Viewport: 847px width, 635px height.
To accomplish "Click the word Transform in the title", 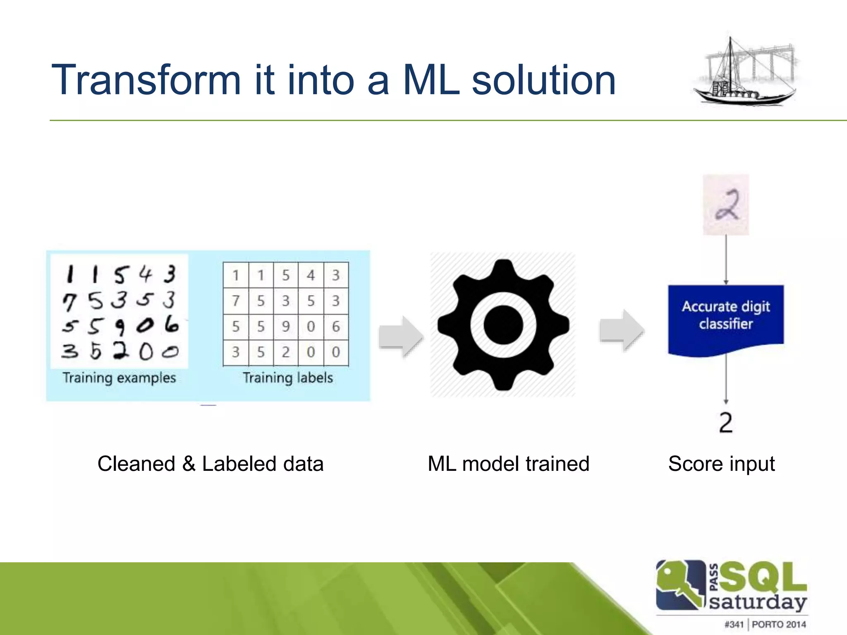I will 146,81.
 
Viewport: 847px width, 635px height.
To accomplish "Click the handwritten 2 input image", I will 726,205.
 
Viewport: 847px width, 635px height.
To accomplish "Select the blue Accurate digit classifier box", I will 726,316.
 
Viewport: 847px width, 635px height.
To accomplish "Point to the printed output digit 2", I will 726,423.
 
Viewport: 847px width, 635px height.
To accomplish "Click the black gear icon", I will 503,325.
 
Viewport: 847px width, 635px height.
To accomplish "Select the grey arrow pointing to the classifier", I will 621,330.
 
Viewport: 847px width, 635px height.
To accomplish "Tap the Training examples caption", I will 119,378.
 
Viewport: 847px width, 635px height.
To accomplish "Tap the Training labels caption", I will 287,378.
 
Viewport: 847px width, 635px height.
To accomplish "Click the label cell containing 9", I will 286,327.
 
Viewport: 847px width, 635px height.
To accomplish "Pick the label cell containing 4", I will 311,275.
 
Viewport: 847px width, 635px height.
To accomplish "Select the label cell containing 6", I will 336,327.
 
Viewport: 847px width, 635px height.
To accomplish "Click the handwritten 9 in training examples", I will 120,327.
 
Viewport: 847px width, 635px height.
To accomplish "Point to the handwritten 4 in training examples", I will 145,274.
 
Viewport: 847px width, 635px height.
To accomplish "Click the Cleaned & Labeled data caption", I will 210,464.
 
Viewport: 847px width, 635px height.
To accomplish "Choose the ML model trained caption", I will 508,464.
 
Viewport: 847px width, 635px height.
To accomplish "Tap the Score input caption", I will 721,464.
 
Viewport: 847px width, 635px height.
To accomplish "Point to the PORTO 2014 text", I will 779,624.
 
